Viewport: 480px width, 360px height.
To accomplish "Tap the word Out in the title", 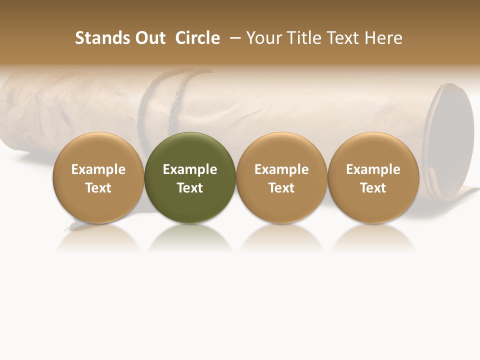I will click(x=149, y=38).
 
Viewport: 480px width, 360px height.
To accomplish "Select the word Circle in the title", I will click(x=197, y=38).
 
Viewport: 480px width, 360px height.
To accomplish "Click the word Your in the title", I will click(x=263, y=38).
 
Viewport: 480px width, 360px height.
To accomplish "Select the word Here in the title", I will click(x=383, y=38).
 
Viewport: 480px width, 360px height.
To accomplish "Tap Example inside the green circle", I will click(x=190, y=169).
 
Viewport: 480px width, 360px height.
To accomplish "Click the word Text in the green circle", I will click(x=190, y=188).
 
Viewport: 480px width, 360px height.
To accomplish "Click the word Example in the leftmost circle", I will click(x=98, y=169).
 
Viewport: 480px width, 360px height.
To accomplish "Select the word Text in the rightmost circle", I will click(x=373, y=188).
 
